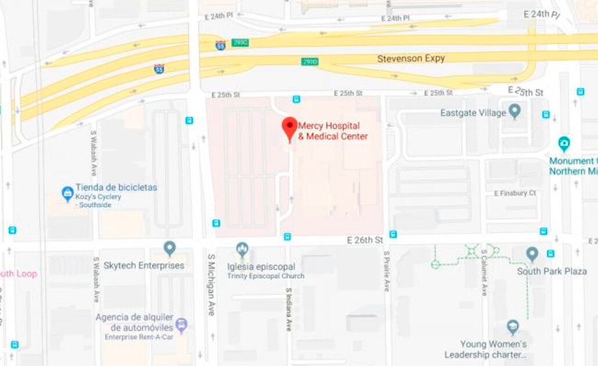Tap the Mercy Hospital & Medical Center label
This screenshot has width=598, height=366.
click(333, 131)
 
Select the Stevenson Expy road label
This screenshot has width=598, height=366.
click(410, 59)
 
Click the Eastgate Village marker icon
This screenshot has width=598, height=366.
click(514, 111)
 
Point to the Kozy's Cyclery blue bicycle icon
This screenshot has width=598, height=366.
click(68, 192)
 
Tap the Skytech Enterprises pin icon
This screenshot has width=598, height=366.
click(170, 249)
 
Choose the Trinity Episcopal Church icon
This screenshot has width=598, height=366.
click(243, 250)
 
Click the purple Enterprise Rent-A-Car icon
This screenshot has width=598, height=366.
click(182, 325)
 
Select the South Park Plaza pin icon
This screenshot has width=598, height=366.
click(532, 254)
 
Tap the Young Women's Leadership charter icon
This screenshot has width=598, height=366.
click(513, 327)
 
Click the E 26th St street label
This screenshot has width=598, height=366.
click(365, 240)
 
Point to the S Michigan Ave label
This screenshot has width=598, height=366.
click(211, 284)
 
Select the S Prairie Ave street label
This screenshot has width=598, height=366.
click(387, 271)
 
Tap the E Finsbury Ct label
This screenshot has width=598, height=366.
click(514, 193)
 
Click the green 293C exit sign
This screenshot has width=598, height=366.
click(239, 42)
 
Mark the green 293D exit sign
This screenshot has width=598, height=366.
click(309, 62)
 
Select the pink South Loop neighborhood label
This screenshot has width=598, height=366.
click(17, 274)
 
